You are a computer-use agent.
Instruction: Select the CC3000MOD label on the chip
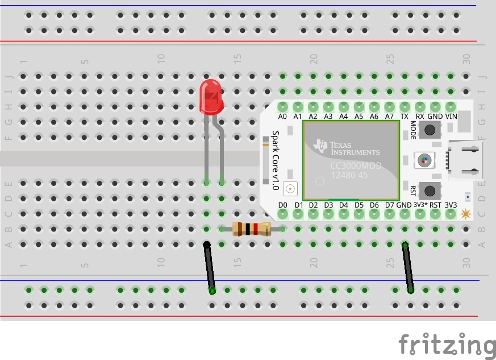click(x=356, y=165)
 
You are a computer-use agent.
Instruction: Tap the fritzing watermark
click(x=446, y=344)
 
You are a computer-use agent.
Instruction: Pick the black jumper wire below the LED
click(x=210, y=267)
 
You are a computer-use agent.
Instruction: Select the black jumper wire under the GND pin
click(x=407, y=267)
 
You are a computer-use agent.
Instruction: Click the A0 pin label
click(x=283, y=117)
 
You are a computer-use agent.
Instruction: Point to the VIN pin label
click(x=451, y=117)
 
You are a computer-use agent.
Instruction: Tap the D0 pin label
click(x=283, y=205)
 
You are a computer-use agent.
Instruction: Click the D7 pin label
click(x=389, y=205)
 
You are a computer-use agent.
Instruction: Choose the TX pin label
click(x=405, y=117)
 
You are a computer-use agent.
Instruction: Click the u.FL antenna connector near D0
click(x=291, y=188)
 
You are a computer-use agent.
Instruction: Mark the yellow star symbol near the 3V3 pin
click(x=466, y=214)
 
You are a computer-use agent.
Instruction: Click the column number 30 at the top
click(x=466, y=58)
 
